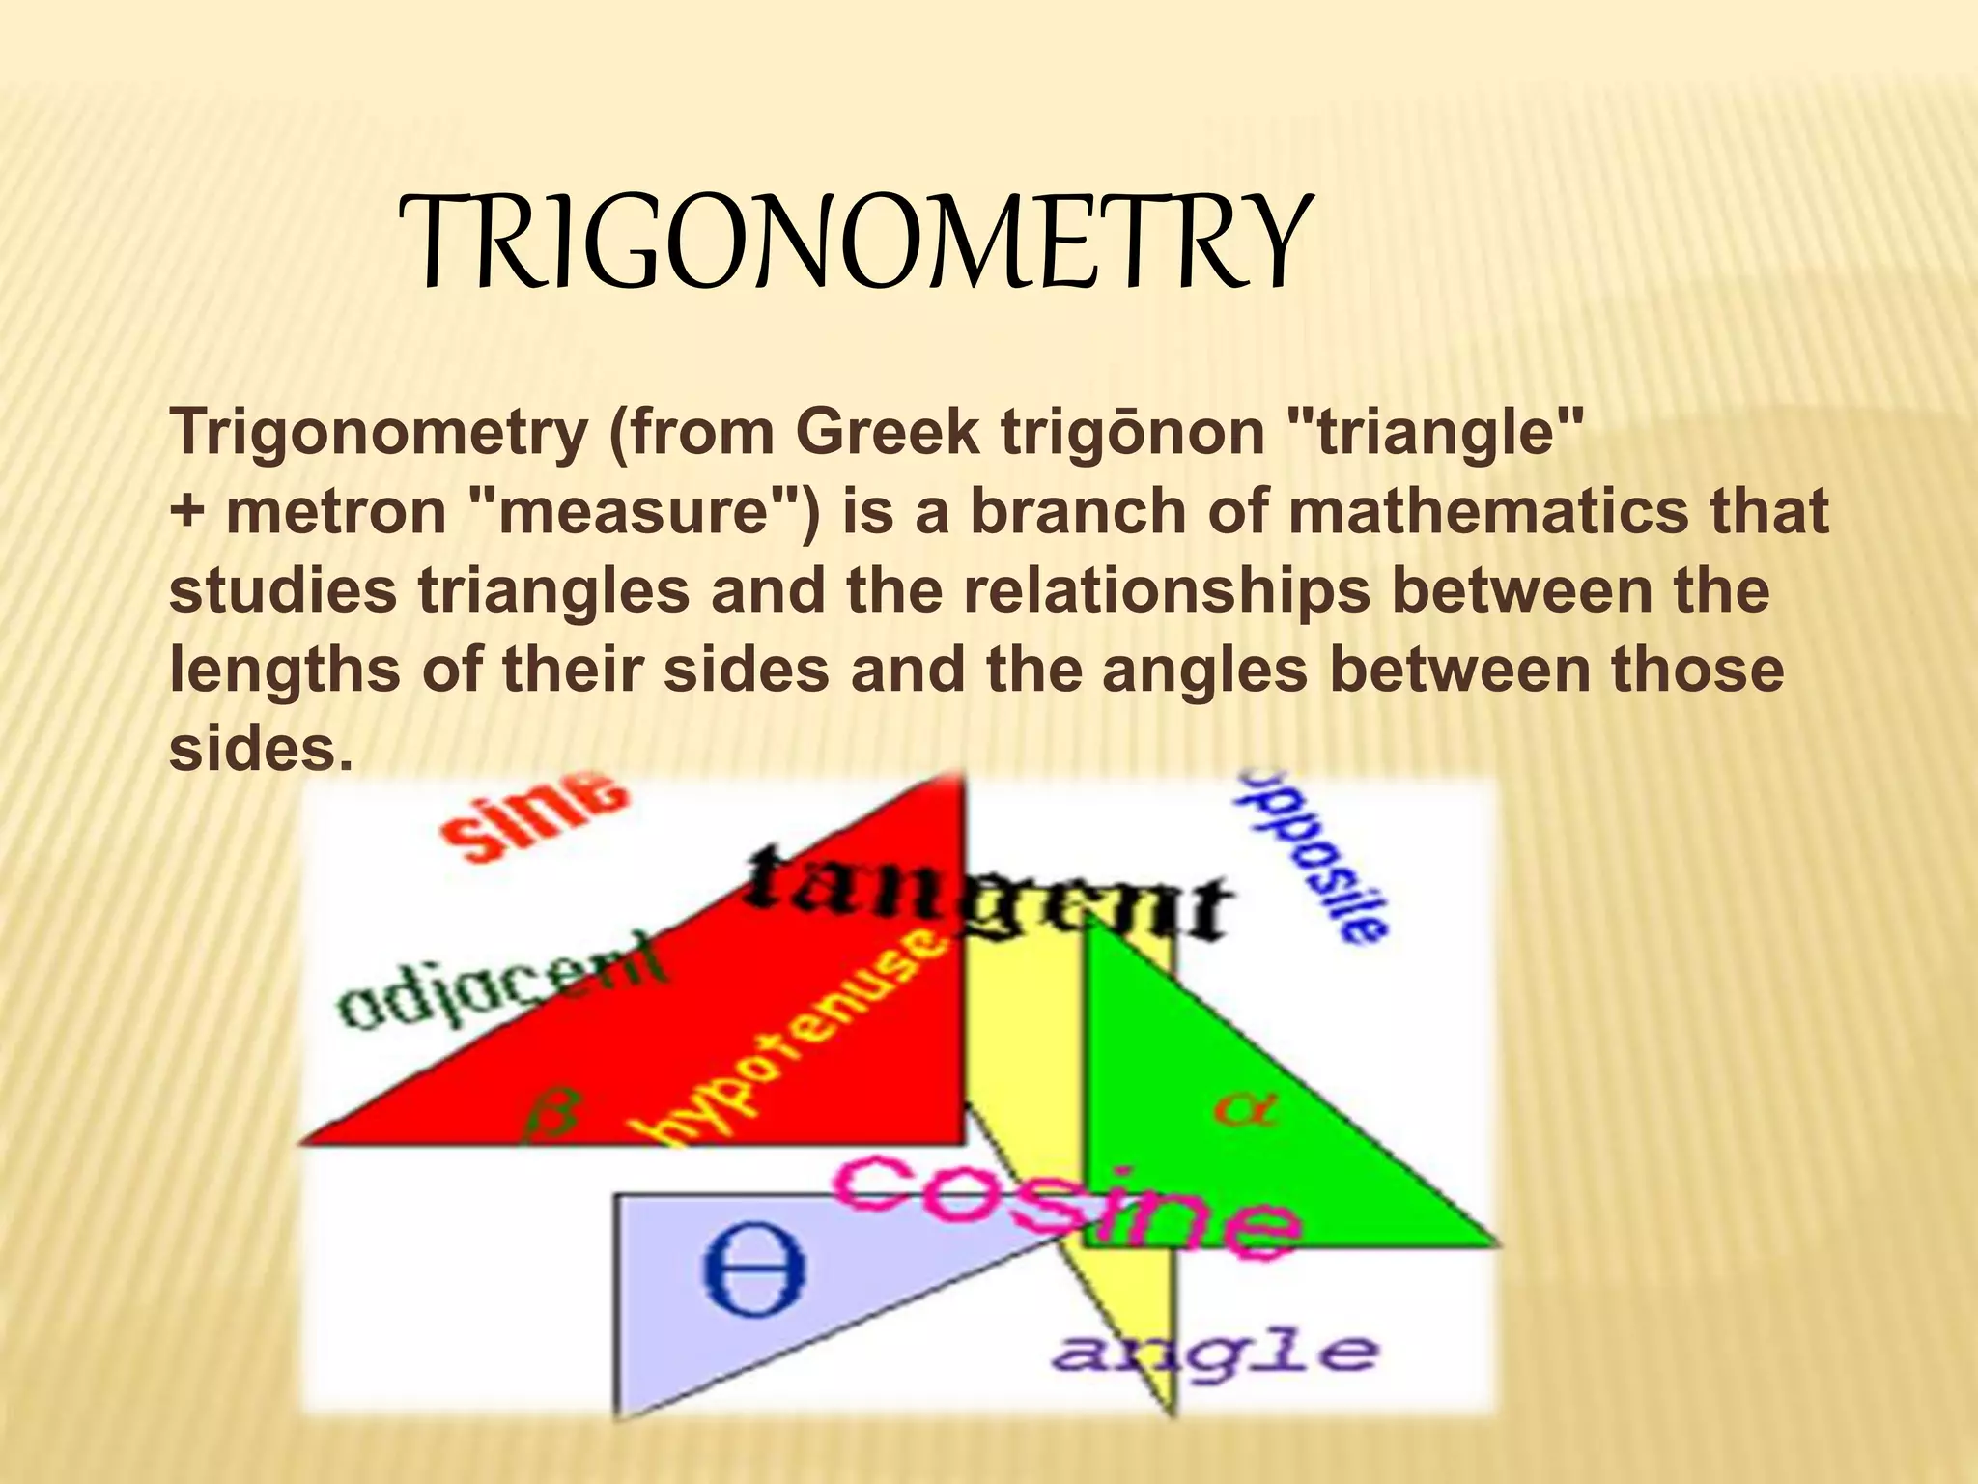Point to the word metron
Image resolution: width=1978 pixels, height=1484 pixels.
[x=336, y=511]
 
